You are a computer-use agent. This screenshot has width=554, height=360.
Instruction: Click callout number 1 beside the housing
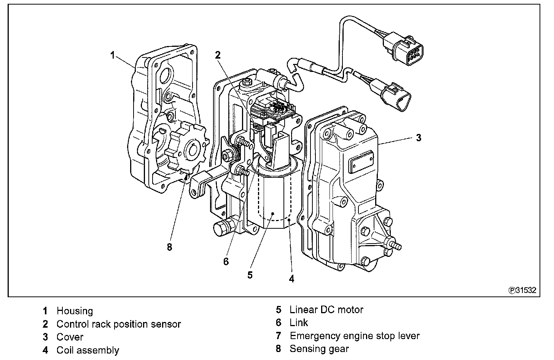pos(113,55)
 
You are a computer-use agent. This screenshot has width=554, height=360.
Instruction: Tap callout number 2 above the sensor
pos(218,55)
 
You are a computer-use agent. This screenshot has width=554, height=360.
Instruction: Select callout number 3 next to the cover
pos(419,138)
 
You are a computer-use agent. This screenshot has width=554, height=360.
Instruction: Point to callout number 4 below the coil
pos(291,279)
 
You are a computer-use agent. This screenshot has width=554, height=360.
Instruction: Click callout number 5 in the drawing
pos(250,275)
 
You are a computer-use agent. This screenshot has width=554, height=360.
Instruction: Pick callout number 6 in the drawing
pos(226,261)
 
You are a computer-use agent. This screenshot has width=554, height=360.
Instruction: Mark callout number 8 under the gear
pos(169,247)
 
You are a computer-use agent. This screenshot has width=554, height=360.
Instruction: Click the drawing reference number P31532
pos(522,290)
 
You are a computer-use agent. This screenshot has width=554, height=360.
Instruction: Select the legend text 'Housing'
pos(75,311)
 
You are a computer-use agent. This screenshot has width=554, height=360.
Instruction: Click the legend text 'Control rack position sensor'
pos(119,324)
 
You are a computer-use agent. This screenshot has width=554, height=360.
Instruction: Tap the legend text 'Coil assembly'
pos(88,350)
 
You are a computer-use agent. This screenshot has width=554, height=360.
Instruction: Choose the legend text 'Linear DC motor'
pos(326,309)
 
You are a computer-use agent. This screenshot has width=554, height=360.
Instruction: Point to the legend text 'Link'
pos(299,323)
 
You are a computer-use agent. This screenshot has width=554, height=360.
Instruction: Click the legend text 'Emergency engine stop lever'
pos(355,336)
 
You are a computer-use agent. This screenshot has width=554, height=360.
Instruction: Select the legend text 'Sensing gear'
pos(319,349)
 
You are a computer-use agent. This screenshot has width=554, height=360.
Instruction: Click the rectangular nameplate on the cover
pos(361,162)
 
